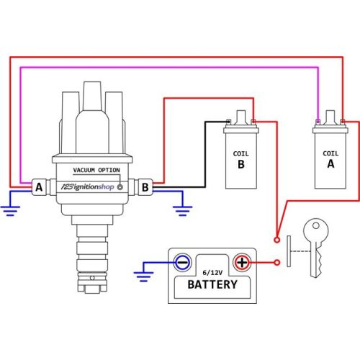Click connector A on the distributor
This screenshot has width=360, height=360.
point(39,187)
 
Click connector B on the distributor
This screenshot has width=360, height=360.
point(145,187)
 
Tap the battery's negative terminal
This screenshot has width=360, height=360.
point(183,262)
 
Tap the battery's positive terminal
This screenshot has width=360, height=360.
point(242,262)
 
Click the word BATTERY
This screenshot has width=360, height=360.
point(212,284)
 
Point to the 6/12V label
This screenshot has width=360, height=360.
point(212,273)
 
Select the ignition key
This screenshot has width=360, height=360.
point(315,248)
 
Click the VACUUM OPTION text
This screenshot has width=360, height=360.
point(96,170)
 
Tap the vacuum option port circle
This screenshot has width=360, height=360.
point(120,187)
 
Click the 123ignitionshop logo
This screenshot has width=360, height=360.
point(88,186)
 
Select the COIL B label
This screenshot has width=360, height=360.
point(241,160)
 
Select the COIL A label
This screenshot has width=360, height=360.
point(330,160)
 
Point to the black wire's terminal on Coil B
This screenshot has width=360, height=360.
point(228,122)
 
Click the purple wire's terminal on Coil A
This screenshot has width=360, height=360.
point(318,122)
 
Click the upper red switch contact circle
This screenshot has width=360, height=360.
point(277,240)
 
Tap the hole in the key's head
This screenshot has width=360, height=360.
point(316,225)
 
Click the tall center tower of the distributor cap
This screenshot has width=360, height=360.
point(92,117)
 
